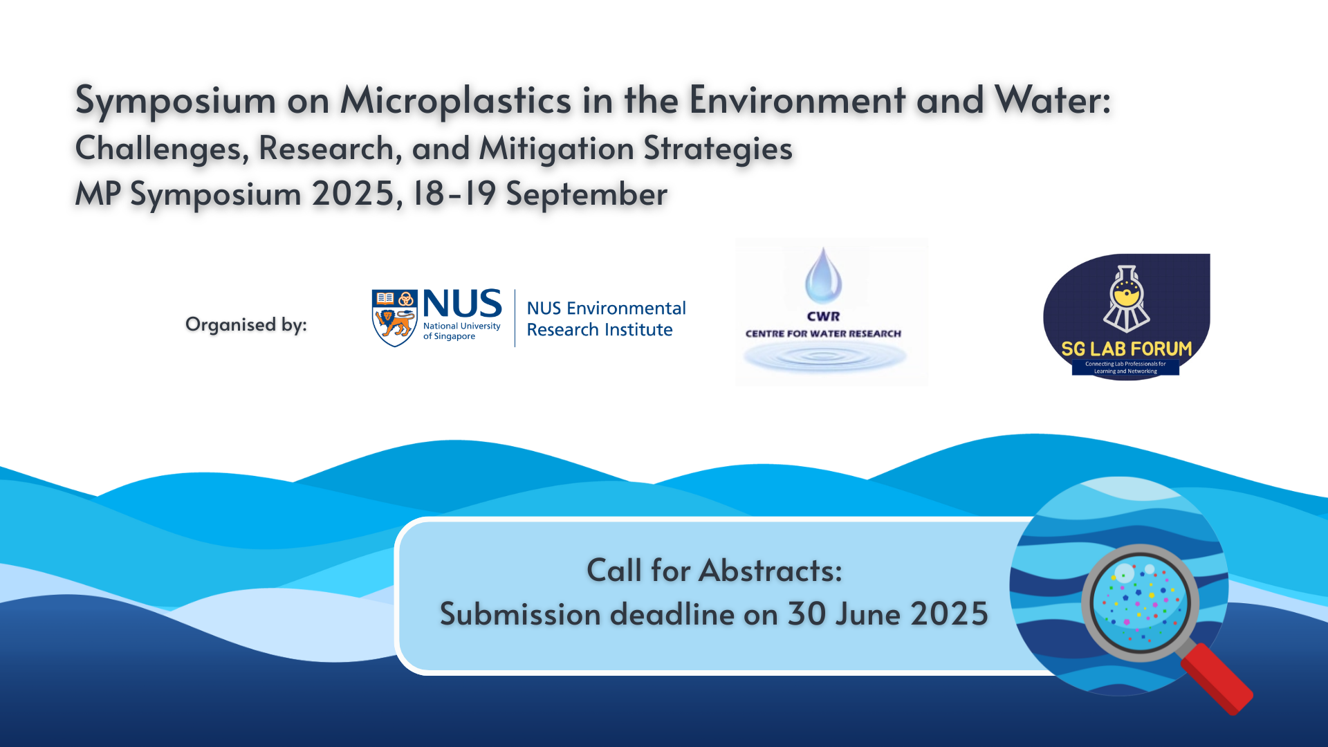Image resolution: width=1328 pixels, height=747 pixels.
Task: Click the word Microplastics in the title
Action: (456, 100)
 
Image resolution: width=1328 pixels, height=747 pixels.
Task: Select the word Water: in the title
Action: (1053, 100)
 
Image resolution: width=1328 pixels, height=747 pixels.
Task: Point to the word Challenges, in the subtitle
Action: (162, 149)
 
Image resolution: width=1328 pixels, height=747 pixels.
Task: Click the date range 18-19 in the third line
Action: (454, 193)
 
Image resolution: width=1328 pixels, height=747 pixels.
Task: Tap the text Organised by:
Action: (246, 325)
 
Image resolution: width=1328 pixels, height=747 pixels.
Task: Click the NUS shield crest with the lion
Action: (394, 318)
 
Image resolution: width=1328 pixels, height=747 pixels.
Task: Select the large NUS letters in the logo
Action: (462, 304)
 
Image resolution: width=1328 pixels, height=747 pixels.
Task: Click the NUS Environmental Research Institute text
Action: (606, 319)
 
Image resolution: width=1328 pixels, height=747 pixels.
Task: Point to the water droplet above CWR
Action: (823, 276)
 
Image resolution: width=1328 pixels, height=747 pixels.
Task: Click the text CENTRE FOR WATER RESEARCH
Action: (823, 333)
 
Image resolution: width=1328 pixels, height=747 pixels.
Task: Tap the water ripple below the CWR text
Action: (824, 356)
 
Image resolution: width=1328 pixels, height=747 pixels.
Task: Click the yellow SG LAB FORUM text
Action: (1126, 349)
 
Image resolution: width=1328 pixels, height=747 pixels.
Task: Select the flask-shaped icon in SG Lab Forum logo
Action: (1126, 299)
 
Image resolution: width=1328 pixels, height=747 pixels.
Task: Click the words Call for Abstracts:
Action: (714, 571)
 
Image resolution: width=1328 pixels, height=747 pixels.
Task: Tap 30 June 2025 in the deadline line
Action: (887, 614)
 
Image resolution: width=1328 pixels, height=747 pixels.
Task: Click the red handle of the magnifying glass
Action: (1216, 678)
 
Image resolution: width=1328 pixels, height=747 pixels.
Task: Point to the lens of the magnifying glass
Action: (1139, 602)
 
